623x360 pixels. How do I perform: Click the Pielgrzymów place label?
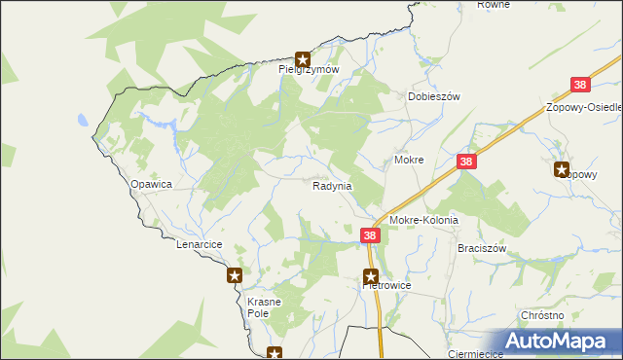point(309,69)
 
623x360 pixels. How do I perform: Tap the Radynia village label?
point(332,185)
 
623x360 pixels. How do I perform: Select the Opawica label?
point(151,183)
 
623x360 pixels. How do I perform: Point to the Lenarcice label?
point(201,244)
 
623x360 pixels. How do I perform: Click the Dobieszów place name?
point(433,97)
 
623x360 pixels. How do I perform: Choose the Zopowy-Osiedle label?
point(584,107)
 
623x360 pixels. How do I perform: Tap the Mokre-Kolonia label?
point(423,221)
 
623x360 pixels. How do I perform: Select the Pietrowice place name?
point(386,286)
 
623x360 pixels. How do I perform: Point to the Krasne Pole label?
point(264,307)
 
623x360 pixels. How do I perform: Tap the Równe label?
point(494,5)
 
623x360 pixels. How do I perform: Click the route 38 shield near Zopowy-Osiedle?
point(580,86)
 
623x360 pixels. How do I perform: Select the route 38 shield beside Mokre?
point(467,162)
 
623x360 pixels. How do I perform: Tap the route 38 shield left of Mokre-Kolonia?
point(370,235)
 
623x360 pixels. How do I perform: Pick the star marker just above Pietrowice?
point(370,275)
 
